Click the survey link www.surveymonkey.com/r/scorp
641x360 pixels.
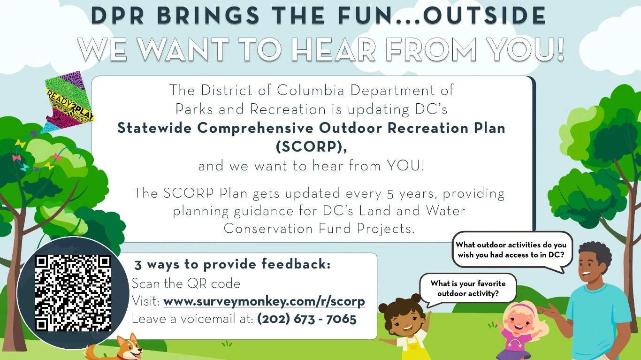pos(264,301)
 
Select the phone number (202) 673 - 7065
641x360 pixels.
pos(307,319)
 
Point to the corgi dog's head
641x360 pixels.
pos(125,347)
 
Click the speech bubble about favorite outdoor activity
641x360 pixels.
pos(467,289)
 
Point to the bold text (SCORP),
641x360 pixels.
pos(311,146)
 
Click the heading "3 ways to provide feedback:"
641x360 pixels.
pos(232,264)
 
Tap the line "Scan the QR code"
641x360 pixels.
pos(186,283)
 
